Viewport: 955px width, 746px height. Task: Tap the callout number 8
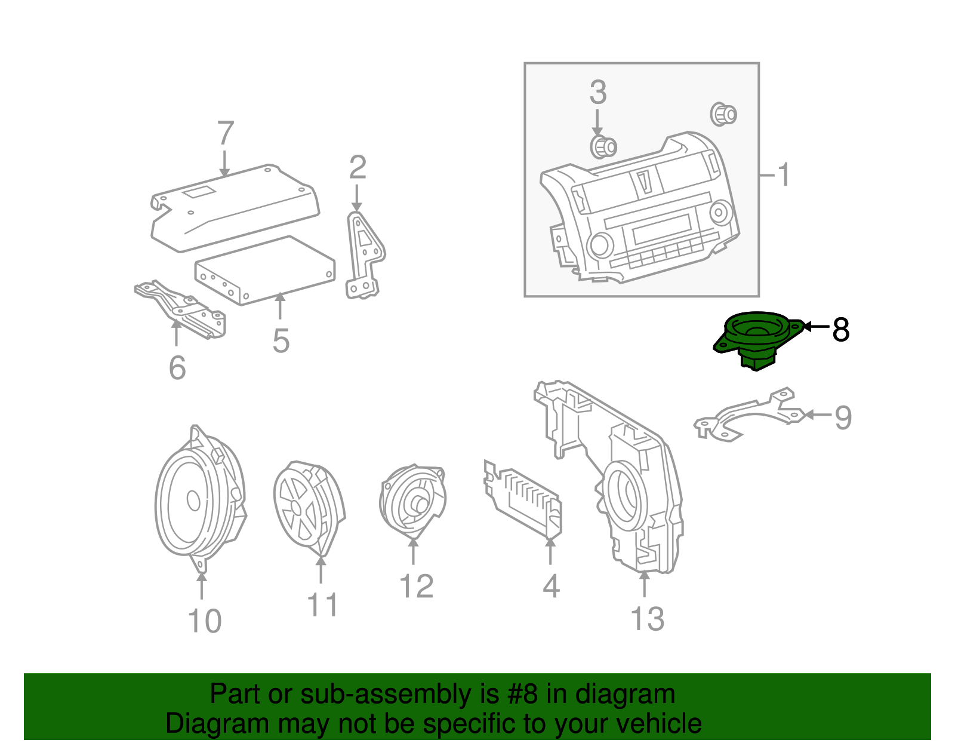(840, 329)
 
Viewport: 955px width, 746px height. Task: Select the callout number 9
(843, 417)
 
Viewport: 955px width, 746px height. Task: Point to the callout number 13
(647, 619)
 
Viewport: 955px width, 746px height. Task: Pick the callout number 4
(551, 586)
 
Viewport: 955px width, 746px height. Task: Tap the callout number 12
(416, 587)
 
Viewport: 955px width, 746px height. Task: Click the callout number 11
(322, 605)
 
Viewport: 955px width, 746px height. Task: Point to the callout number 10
(204, 621)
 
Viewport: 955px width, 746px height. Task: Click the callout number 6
(177, 367)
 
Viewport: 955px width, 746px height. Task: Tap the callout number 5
(281, 341)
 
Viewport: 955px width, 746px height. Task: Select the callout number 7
(225, 134)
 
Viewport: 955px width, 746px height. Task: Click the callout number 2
(357, 168)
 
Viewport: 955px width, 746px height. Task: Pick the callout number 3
(597, 93)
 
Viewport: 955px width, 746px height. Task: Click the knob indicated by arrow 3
(602, 146)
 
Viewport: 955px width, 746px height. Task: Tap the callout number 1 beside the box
(784, 175)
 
